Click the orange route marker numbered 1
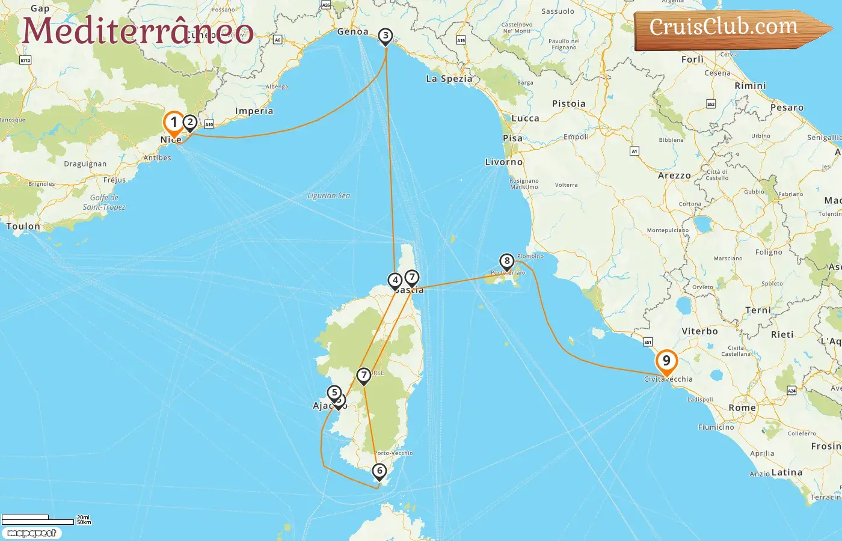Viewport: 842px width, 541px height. pyautogui.click(x=174, y=123)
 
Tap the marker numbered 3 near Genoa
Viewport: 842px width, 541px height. pyautogui.click(x=386, y=36)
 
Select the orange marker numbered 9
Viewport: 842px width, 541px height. pyautogui.click(x=666, y=361)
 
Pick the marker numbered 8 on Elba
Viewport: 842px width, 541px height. pyautogui.click(x=507, y=261)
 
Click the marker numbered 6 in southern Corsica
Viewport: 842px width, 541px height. pyautogui.click(x=379, y=471)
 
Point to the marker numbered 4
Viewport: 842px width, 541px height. pyautogui.click(x=395, y=280)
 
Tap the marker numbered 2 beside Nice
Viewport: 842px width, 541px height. pyautogui.click(x=190, y=123)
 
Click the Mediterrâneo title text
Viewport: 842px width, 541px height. pyautogui.click(x=138, y=31)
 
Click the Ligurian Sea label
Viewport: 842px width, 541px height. pyautogui.click(x=328, y=196)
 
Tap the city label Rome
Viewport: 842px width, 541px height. pyautogui.click(x=742, y=408)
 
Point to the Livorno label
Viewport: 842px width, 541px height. pyautogui.click(x=504, y=162)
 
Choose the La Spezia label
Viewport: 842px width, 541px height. pyautogui.click(x=449, y=79)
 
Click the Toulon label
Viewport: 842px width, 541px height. pyautogui.click(x=23, y=227)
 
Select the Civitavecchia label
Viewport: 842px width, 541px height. pyautogui.click(x=668, y=379)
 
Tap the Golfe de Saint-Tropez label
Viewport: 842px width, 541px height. pyautogui.click(x=104, y=202)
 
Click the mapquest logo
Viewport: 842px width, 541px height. pyautogui.click(x=31, y=533)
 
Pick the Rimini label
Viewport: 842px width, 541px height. pyautogui.click(x=750, y=86)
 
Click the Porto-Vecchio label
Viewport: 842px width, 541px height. pyautogui.click(x=394, y=453)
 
